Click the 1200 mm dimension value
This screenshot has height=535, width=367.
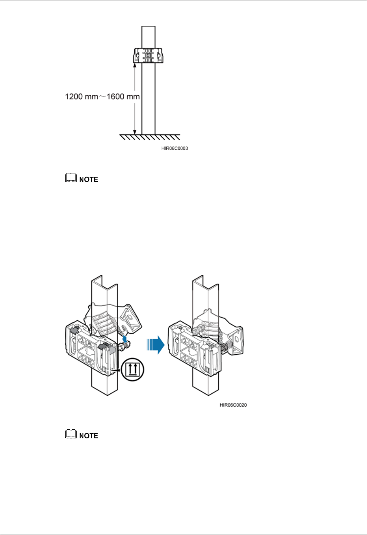point(82,97)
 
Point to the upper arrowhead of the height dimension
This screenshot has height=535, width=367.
point(135,65)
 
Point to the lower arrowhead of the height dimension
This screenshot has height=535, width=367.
point(135,132)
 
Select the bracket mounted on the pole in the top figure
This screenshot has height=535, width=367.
point(148,55)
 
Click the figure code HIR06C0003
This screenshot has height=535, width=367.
point(174,148)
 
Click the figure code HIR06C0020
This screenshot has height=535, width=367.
point(233,405)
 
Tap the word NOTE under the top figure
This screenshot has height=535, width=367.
point(89,179)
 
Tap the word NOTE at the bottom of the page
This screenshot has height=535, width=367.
point(89,436)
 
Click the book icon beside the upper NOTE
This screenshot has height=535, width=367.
point(71,178)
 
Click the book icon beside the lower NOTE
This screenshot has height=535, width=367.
point(71,435)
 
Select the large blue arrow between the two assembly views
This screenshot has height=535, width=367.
point(155,345)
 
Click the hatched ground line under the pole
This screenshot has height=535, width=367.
point(150,137)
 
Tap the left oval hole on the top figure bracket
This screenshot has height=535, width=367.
point(138,55)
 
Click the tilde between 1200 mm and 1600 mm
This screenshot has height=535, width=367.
point(102,97)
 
